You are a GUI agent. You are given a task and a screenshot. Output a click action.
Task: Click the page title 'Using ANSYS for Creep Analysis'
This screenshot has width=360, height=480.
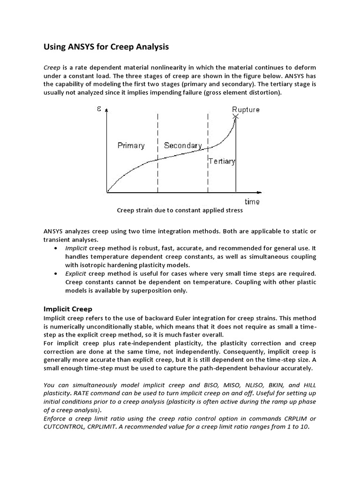point(106,47)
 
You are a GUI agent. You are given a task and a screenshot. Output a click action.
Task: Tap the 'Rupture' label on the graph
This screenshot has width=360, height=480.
point(246,110)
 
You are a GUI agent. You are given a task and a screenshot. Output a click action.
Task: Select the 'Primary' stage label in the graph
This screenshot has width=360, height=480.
point(131,145)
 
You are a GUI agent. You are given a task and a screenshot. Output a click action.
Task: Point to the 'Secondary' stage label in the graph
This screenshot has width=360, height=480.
point(183,145)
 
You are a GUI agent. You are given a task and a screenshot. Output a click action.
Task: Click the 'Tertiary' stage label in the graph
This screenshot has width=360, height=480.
point(222,161)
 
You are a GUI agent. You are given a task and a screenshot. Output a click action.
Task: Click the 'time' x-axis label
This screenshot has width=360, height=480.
point(252,202)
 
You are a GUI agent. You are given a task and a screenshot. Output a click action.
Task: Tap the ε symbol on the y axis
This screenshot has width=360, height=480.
point(99,109)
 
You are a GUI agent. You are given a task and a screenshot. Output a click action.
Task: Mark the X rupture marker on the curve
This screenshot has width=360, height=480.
point(236,116)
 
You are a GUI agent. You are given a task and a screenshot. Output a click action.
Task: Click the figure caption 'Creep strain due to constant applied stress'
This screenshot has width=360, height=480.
point(180,210)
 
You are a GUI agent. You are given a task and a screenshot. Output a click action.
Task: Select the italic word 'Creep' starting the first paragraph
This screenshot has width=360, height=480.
point(52,67)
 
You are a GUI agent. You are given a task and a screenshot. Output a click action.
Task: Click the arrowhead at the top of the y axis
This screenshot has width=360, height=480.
point(107,111)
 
